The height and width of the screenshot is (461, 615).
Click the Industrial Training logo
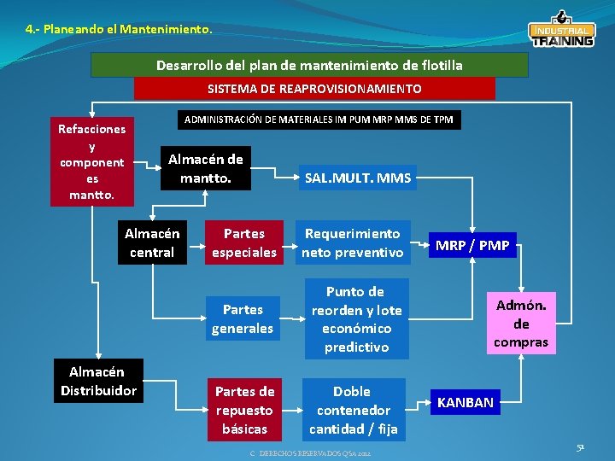coord(561,31)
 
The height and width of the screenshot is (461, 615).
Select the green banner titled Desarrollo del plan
coord(309,65)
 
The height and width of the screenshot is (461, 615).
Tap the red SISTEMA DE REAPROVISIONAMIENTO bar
coord(314,89)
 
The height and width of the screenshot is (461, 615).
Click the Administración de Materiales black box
coord(319,120)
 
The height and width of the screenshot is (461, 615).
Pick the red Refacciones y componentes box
coord(91,162)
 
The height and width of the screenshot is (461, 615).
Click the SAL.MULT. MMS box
coord(358,178)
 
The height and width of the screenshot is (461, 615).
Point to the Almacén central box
coord(152,242)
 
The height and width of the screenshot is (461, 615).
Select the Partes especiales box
coord(243,242)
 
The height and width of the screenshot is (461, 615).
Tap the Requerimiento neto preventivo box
coord(353,242)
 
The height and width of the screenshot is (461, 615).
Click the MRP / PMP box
coord(472,246)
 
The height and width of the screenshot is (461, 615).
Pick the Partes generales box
coord(243,318)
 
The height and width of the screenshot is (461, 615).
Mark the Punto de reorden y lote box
coord(355,319)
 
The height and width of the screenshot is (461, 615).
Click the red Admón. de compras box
coord(521,324)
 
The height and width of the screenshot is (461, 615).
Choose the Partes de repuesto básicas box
coord(244,410)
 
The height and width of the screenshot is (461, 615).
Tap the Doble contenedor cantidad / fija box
coord(352,410)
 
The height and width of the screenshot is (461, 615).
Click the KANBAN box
coord(466,402)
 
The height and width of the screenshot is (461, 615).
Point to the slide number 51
coord(580,446)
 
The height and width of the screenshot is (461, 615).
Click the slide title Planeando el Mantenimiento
coord(119,29)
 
